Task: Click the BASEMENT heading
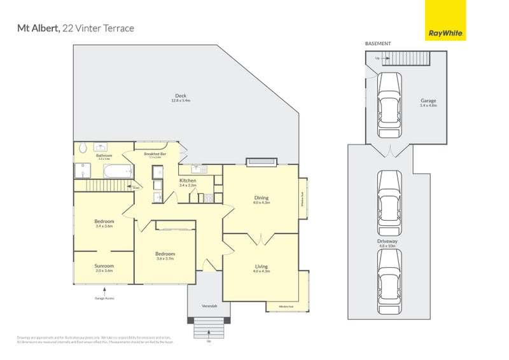click(378, 44)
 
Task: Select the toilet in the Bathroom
click(83, 148)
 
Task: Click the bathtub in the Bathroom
click(117, 170)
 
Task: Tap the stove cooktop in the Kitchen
click(207, 198)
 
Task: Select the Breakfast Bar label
click(155, 153)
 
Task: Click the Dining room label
click(261, 197)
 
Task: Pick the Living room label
click(261, 266)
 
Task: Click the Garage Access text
click(104, 298)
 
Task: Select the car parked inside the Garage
click(389, 105)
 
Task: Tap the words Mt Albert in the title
click(37, 29)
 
